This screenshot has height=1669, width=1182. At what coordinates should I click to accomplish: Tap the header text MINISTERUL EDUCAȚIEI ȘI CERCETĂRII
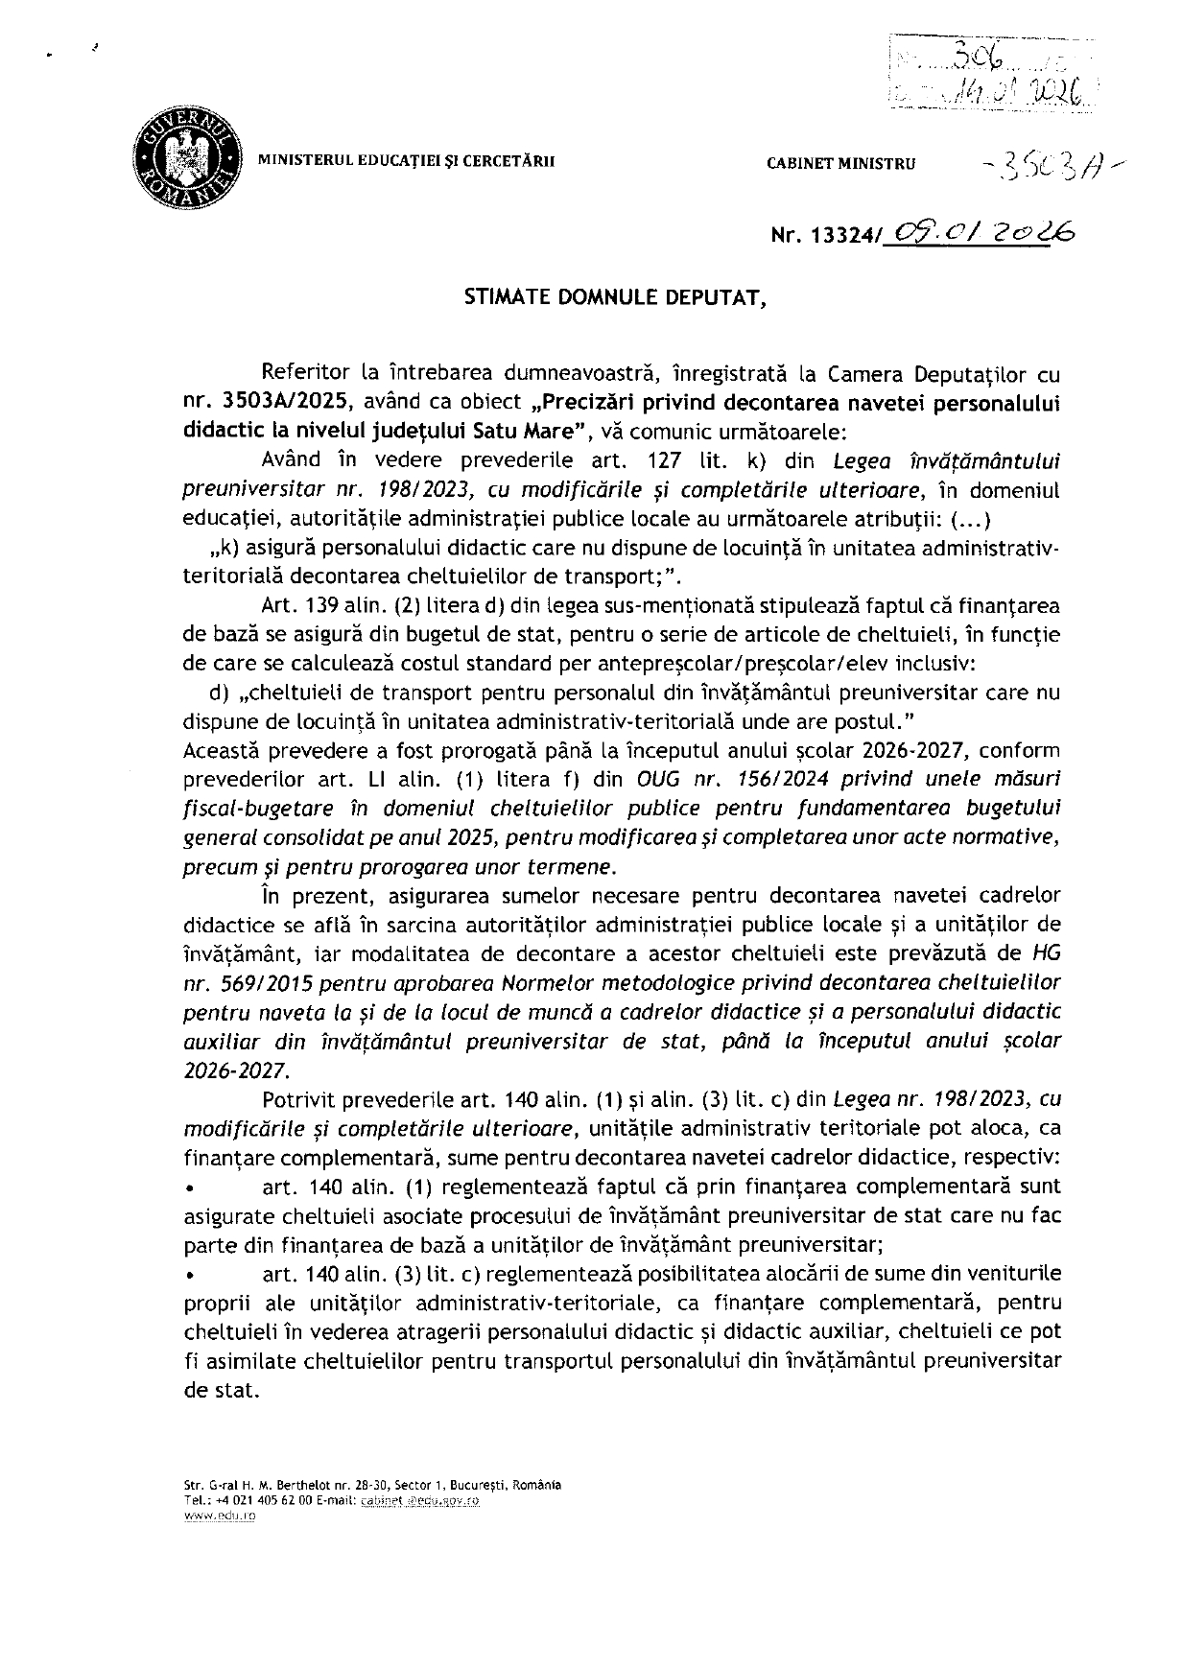point(406,162)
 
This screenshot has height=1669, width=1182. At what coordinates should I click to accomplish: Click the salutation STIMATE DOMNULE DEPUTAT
point(615,297)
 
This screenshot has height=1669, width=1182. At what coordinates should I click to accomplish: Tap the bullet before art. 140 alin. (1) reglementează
point(192,1189)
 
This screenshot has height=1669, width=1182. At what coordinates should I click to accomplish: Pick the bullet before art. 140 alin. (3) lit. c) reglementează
point(192,1276)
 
